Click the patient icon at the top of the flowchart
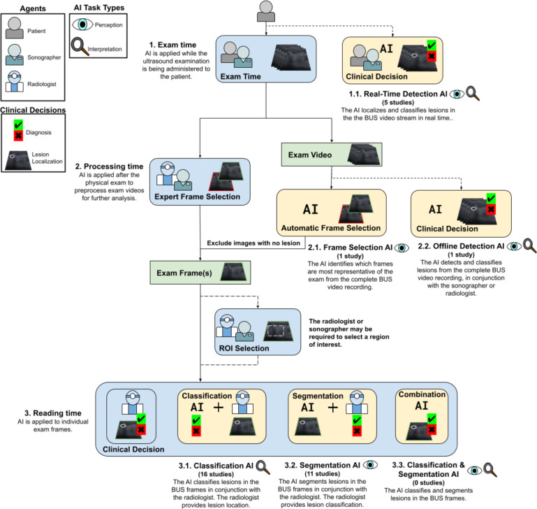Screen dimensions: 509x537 [266, 11]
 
